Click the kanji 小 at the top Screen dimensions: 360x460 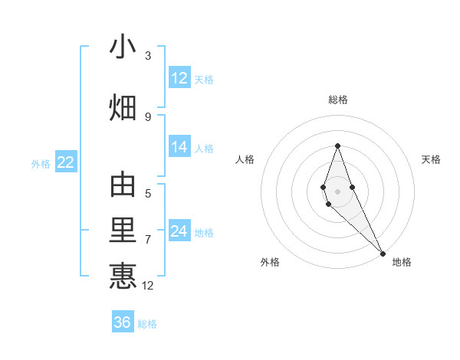click(x=123, y=47)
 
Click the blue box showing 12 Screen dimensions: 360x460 click(x=179, y=78)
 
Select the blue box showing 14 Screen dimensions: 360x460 click(x=179, y=147)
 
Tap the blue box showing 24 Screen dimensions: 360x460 click(x=179, y=231)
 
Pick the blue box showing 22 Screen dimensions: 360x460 click(x=65, y=162)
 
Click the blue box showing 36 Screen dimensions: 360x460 click(x=123, y=322)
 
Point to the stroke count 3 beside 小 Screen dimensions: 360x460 click(x=148, y=56)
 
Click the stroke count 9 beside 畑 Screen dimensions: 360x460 click(x=148, y=116)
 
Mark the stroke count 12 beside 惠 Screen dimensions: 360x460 click(x=148, y=286)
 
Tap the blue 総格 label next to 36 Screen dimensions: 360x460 click(x=147, y=324)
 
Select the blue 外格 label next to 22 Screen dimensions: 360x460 click(x=41, y=163)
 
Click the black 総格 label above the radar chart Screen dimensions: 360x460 click(x=337, y=100)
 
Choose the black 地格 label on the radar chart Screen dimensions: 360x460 click(x=402, y=263)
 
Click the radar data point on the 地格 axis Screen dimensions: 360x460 click(x=382, y=253)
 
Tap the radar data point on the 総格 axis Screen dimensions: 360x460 click(x=337, y=146)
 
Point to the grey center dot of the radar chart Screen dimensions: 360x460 click(x=337, y=191)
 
